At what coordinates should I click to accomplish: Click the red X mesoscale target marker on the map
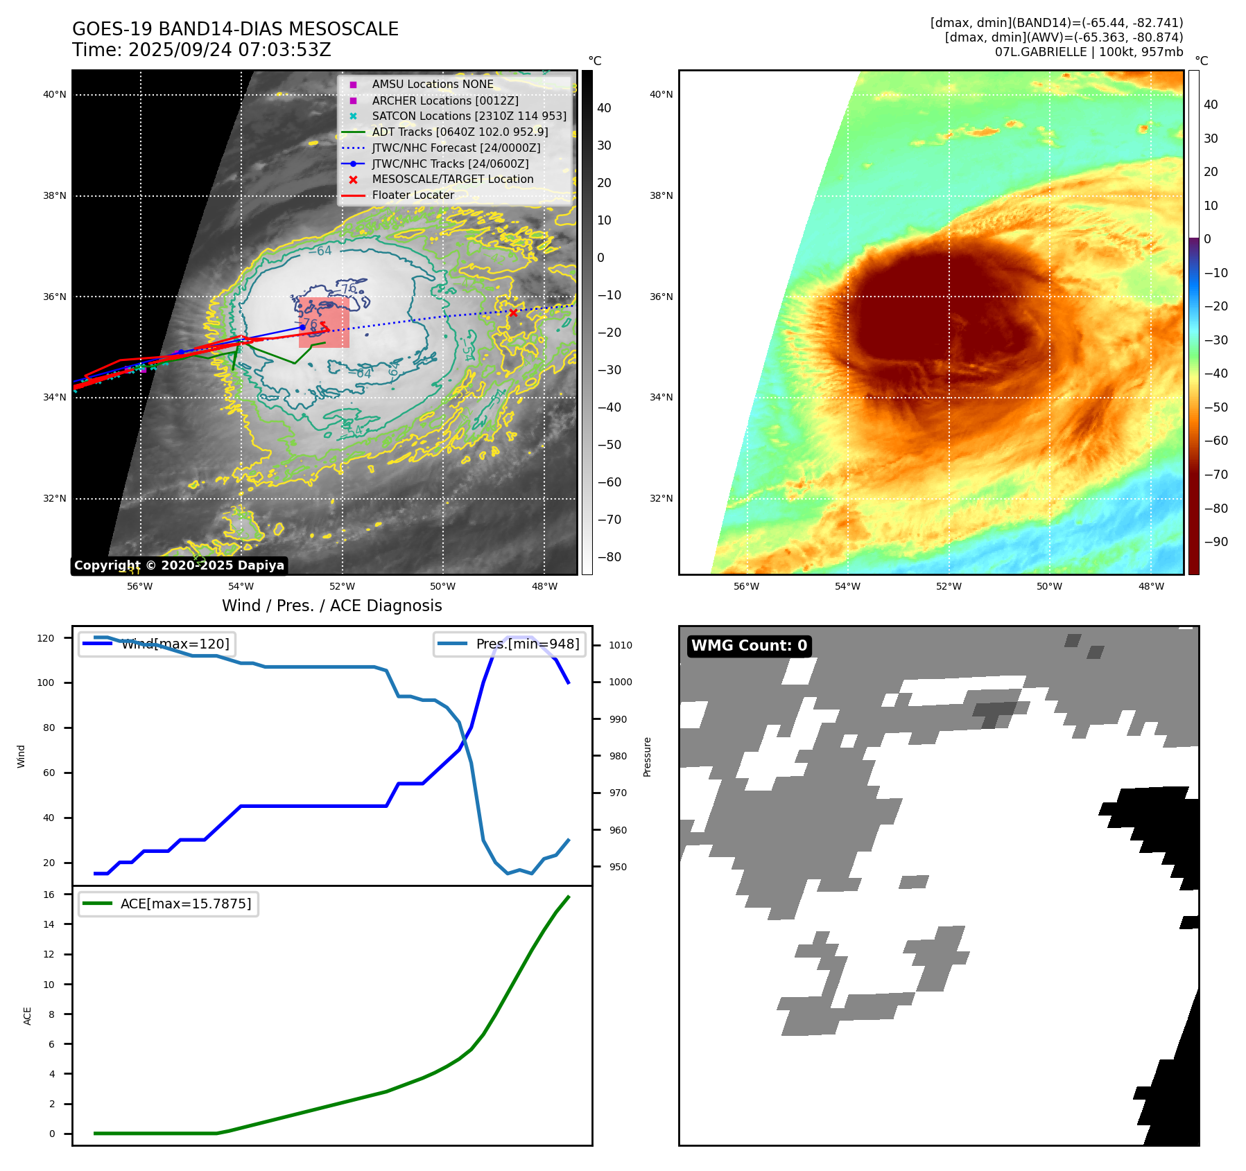pyautogui.click(x=513, y=312)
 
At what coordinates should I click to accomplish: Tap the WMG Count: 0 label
pyautogui.click(x=749, y=646)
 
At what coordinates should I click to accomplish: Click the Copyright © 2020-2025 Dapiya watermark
pyautogui.click(x=179, y=565)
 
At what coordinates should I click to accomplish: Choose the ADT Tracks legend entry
pyautogui.click(x=460, y=132)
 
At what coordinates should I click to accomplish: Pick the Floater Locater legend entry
pyautogui.click(x=413, y=195)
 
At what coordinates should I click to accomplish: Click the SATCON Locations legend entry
pyautogui.click(x=469, y=116)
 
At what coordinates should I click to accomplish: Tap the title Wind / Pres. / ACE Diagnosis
pyautogui.click(x=331, y=606)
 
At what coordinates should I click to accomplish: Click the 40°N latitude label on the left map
pyautogui.click(x=55, y=95)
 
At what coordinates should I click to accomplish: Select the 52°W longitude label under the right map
pyautogui.click(x=949, y=586)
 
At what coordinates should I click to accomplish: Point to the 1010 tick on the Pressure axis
pyautogui.click(x=621, y=645)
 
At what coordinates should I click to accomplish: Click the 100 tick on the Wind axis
pyautogui.click(x=46, y=683)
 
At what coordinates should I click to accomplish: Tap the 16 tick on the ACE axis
pyautogui.click(x=49, y=895)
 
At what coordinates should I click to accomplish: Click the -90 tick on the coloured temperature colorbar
pyautogui.click(x=1215, y=542)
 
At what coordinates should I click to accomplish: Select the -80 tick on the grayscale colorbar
pyautogui.click(x=609, y=557)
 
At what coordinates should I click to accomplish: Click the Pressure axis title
pyautogui.click(x=648, y=757)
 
